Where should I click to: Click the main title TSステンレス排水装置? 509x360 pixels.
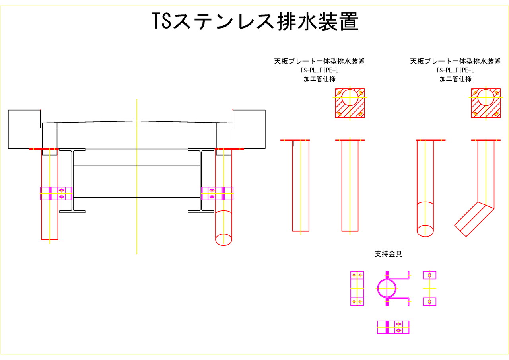pos(255,21)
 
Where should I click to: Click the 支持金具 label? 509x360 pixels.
pos(388,254)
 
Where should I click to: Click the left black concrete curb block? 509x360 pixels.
pos(24,129)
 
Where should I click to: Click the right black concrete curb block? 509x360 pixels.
pos(249,129)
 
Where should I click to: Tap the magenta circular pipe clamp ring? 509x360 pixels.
pos(387,288)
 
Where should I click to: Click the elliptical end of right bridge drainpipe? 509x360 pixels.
pos(223,239)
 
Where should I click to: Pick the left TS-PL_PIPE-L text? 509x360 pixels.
pos(319,70)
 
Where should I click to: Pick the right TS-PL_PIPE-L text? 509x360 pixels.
pos(455,70)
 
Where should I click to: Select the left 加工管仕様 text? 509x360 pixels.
pos(319,79)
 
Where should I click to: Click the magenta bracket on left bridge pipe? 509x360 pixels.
pos(56,193)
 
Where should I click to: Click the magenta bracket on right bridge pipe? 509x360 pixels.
pos(217,193)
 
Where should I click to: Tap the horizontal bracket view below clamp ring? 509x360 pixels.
pos(393,327)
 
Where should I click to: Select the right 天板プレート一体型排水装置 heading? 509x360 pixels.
pos(455,62)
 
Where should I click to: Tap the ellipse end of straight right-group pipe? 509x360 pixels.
pos(425,230)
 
